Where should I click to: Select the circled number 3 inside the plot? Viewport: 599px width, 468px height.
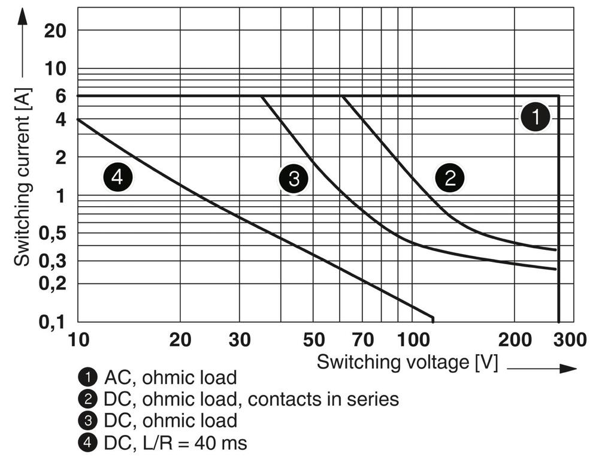pos(294,179)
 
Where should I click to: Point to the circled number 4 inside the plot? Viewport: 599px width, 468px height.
pos(117,177)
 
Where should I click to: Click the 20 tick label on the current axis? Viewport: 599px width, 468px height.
pos(55,31)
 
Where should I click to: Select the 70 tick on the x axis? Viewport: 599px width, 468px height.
pos(363,340)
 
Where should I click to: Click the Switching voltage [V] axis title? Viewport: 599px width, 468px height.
pos(407,363)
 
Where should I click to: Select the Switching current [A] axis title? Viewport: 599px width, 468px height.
pos(23,177)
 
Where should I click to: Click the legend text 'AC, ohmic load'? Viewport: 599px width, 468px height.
pos(170,378)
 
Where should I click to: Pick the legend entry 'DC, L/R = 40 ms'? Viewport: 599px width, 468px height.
pos(175,443)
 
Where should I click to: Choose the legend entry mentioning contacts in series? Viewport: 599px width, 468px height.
pos(251,399)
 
